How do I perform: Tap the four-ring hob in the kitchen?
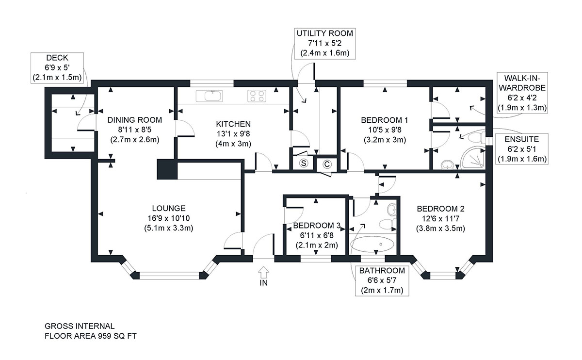[x=257, y=96]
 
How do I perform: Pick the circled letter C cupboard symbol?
[x=327, y=164]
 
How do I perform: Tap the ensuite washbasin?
[x=447, y=165]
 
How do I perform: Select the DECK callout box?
[x=56, y=67]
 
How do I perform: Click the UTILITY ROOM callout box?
[x=325, y=43]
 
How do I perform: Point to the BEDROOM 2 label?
[x=440, y=209]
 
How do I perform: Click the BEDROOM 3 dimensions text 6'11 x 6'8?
[x=317, y=235]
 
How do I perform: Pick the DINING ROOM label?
[x=135, y=120]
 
